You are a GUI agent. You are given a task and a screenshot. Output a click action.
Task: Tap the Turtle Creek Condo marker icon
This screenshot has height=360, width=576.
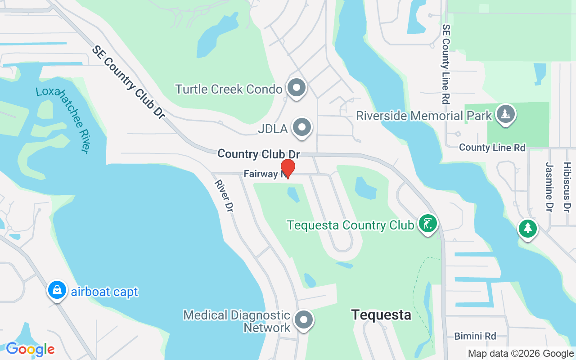coord(297,88)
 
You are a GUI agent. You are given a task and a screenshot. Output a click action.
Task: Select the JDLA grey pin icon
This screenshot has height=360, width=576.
coord(302,128)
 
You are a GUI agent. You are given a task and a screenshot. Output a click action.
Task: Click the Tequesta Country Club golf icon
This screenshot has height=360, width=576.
coord(427,223)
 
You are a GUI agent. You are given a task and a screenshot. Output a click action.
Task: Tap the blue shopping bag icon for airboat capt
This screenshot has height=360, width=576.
coord(57,290)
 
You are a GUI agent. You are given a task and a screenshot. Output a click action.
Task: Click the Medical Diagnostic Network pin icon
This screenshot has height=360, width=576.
coord(303,320)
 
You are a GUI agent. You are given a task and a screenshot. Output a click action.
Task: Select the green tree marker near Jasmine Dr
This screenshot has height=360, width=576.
coord(527,228)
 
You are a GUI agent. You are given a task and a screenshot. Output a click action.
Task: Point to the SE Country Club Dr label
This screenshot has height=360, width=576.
coord(128,81)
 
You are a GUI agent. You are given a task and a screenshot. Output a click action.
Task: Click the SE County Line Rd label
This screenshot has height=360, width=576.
coord(446,64)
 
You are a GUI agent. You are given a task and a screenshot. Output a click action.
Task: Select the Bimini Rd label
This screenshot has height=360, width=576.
coord(475,336)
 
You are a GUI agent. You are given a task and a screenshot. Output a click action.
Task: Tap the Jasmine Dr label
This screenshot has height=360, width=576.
coord(549,187)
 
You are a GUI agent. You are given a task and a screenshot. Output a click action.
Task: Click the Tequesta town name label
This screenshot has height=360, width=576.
coord(381,315)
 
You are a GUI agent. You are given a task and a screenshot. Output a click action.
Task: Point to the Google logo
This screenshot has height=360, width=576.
coord(30,349)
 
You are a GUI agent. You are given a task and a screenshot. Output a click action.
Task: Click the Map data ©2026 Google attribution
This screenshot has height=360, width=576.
coord(521,354)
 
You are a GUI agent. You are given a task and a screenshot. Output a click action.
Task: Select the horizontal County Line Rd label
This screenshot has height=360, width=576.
coord(492,148)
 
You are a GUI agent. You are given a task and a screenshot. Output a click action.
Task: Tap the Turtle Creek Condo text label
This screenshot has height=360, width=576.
coord(229,89)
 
